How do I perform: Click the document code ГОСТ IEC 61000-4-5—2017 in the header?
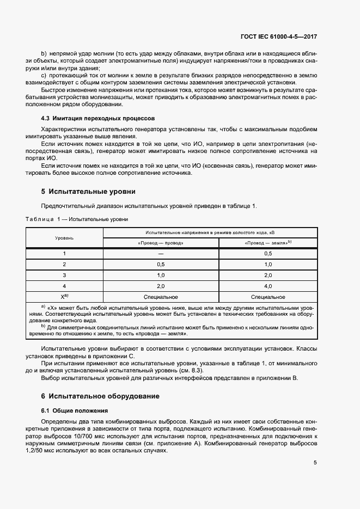[279, 36]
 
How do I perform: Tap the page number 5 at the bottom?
[315, 463]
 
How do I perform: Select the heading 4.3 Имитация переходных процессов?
[98, 118]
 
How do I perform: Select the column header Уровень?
[64, 238]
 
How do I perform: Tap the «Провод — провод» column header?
[161, 243]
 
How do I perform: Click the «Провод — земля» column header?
[267, 243]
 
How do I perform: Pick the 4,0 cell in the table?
[268, 286]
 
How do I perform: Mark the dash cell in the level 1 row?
[161, 253]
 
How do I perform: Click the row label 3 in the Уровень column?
[64, 275]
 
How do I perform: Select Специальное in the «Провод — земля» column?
[268, 297]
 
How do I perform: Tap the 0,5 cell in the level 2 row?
[161, 264]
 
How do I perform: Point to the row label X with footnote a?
[64, 297]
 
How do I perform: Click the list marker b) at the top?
[45, 53]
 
